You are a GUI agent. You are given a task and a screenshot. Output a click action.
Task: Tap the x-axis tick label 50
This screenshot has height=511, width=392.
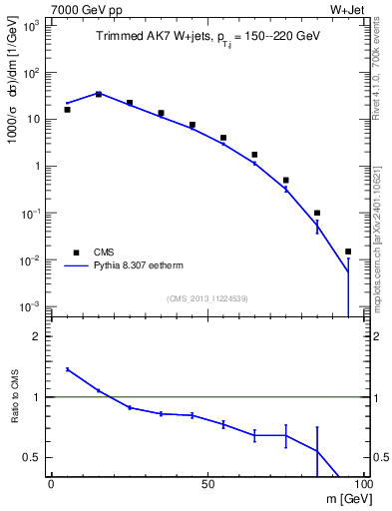click(206, 485)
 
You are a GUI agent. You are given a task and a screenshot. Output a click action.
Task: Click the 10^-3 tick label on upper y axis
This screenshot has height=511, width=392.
click(32, 306)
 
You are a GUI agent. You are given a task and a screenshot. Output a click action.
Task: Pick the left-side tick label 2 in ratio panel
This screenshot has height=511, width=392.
click(38, 336)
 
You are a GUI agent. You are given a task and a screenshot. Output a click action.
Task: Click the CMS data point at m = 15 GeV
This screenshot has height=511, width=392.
click(98, 94)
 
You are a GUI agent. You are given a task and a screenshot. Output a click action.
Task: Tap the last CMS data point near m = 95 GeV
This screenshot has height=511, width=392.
click(348, 252)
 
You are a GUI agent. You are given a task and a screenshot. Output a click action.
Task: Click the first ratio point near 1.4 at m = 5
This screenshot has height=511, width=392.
click(67, 369)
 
